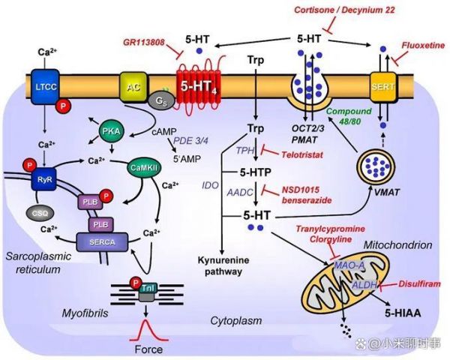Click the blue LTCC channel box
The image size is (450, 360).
pos(45,86)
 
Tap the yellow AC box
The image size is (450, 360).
pos(133,87)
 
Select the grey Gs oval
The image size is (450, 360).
pos(161,101)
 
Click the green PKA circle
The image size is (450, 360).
pos(111,131)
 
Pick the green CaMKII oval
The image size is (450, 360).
pos(144,168)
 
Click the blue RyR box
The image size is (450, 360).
pos(44,179)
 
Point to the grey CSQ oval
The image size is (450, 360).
pos(40,213)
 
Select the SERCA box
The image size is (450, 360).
pos(102,241)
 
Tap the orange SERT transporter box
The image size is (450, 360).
pos(382,87)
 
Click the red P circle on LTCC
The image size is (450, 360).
pos(63,106)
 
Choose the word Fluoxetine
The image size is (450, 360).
pos(423,45)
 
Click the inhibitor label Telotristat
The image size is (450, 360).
pos(302,155)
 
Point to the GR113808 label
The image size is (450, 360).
pos(144,43)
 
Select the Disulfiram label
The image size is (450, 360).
pos(419,284)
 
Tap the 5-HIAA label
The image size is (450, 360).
pos(403,313)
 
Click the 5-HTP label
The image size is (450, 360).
pos(256,172)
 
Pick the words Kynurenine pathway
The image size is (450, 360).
pos(223,265)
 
